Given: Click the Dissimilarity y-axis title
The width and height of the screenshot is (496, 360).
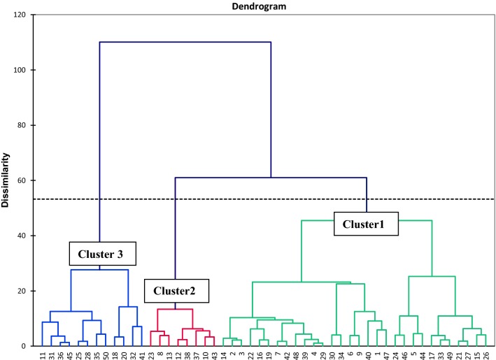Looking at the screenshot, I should pos(8,180).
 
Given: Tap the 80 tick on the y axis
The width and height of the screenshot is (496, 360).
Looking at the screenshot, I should pos(25,125).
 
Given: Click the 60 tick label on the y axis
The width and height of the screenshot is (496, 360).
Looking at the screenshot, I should pos(25,180).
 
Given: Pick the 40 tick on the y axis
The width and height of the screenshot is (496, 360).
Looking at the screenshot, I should pos(25,236).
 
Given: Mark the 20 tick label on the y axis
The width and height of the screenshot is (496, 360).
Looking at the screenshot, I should pos(25,291).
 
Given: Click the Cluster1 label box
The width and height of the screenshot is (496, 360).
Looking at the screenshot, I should pos(364,224).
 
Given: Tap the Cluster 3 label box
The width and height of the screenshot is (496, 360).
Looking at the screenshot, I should pos(100,254).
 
